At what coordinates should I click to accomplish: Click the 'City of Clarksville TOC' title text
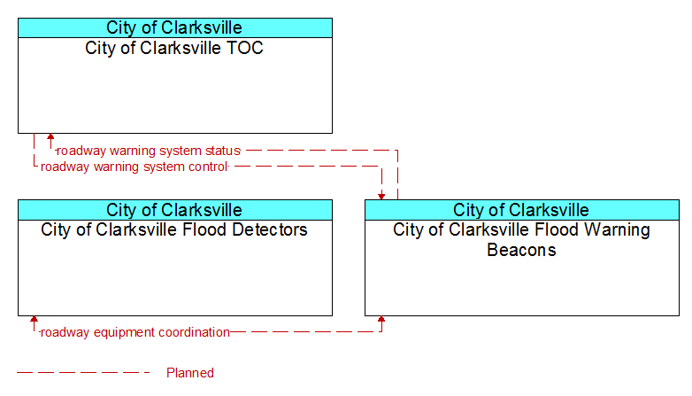(173, 48)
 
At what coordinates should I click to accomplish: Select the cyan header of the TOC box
(175, 27)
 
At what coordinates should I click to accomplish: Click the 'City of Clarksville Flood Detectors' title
(173, 229)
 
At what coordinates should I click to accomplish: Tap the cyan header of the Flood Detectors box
(175, 210)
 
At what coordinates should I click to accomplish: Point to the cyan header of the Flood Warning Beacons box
(522, 210)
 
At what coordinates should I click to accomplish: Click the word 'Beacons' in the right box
(521, 250)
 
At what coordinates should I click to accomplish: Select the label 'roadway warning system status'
(149, 151)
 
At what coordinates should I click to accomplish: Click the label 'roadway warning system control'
(135, 167)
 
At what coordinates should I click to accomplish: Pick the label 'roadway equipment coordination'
(135, 332)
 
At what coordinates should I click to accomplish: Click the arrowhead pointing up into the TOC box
(50, 137)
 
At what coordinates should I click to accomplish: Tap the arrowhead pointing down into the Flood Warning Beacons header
(381, 197)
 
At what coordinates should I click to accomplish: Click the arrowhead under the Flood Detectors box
(34, 320)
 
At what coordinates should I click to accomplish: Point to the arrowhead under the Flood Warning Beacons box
(381, 320)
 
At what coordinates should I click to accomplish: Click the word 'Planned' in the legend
(190, 373)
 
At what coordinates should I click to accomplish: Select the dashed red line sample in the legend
(83, 373)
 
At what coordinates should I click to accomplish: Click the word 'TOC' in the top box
(244, 48)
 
